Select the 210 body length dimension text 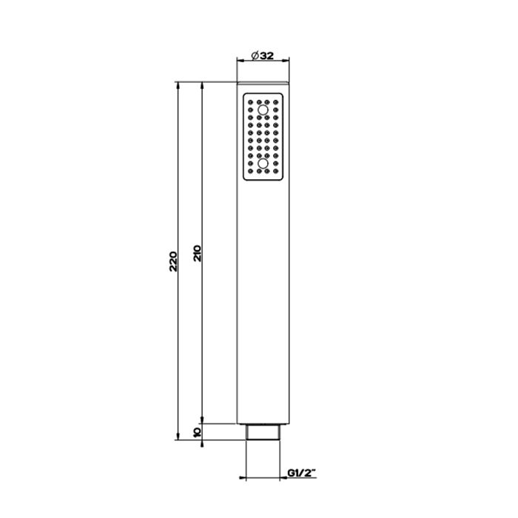(x=198, y=254)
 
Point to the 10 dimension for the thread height (x=198, y=432)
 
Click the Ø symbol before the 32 (x=253, y=55)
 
